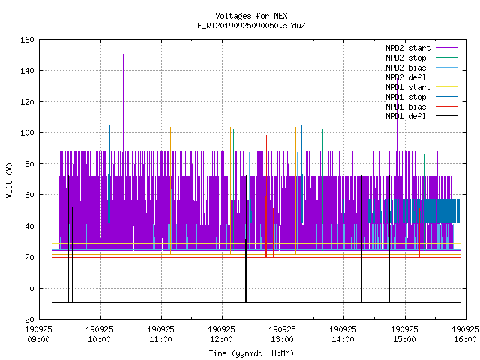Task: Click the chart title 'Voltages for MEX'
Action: [x=251, y=16]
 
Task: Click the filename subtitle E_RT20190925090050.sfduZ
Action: [x=251, y=25]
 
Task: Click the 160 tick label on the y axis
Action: [x=27, y=40]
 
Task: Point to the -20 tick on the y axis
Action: [x=27, y=319]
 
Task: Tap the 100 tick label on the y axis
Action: [x=27, y=133]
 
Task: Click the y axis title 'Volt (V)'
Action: [x=9, y=180]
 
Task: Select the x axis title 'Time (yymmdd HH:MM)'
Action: [x=251, y=353]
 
